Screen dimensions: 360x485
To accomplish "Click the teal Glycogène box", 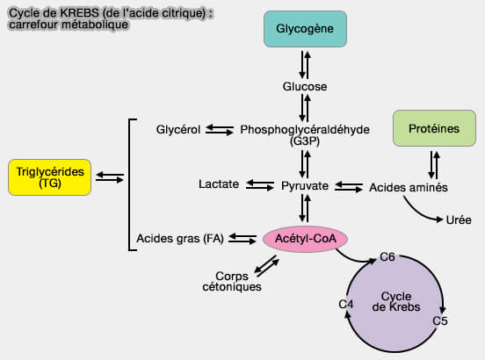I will click(304, 29).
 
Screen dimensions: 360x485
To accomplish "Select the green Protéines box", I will click(433, 129).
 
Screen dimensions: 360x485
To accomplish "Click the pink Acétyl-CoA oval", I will click(305, 237).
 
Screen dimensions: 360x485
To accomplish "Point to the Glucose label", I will click(305, 87).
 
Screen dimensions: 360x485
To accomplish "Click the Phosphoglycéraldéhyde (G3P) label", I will click(305, 133).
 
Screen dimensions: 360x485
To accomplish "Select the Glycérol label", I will click(178, 129).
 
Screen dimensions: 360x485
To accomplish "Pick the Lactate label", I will click(219, 185).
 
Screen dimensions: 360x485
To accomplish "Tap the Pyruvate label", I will click(305, 186).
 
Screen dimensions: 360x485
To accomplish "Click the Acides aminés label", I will click(409, 187).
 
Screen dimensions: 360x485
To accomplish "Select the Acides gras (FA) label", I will click(180, 238).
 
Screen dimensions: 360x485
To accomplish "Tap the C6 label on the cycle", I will click(387, 257).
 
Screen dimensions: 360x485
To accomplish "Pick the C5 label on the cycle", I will click(442, 321).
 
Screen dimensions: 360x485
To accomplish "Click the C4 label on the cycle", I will click(346, 304).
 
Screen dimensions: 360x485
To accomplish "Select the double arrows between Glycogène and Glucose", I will click(305, 63).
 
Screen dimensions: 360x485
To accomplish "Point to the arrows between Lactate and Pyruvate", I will click(259, 185).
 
